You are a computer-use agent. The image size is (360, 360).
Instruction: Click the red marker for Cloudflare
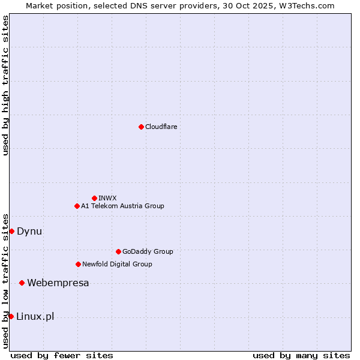pos(141,127)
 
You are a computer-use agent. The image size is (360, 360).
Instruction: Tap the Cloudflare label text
pos(161,127)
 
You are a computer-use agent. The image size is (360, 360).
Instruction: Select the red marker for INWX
pos(94,198)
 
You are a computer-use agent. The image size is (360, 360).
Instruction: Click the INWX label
pos(107,198)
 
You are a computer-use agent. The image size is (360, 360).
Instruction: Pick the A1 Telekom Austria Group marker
pos(77,206)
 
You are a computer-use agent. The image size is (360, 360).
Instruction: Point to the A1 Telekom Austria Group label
pos(122,206)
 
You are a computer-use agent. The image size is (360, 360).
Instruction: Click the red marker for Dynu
pos(11,231)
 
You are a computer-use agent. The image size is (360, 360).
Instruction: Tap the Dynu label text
pos(29,231)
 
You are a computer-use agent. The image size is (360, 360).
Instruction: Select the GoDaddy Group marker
pos(118,251)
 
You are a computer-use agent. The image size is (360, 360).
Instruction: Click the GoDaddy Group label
pos(148,251)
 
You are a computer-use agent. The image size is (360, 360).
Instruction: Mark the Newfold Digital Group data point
pos(78,264)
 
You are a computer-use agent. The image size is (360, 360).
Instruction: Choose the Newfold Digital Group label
pos(117,264)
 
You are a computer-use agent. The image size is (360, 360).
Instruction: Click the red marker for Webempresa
pos(22,283)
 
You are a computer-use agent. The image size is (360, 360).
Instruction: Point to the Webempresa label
pos(58,283)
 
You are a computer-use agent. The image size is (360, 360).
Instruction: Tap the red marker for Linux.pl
pos(11,316)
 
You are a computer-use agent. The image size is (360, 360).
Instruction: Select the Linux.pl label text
pos(35,316)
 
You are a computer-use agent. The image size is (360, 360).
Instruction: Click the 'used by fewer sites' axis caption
pos(62,355)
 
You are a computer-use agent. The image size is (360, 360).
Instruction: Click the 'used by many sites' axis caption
pos(301,355)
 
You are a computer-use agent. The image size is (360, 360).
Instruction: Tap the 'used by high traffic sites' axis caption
pos(5,86)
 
